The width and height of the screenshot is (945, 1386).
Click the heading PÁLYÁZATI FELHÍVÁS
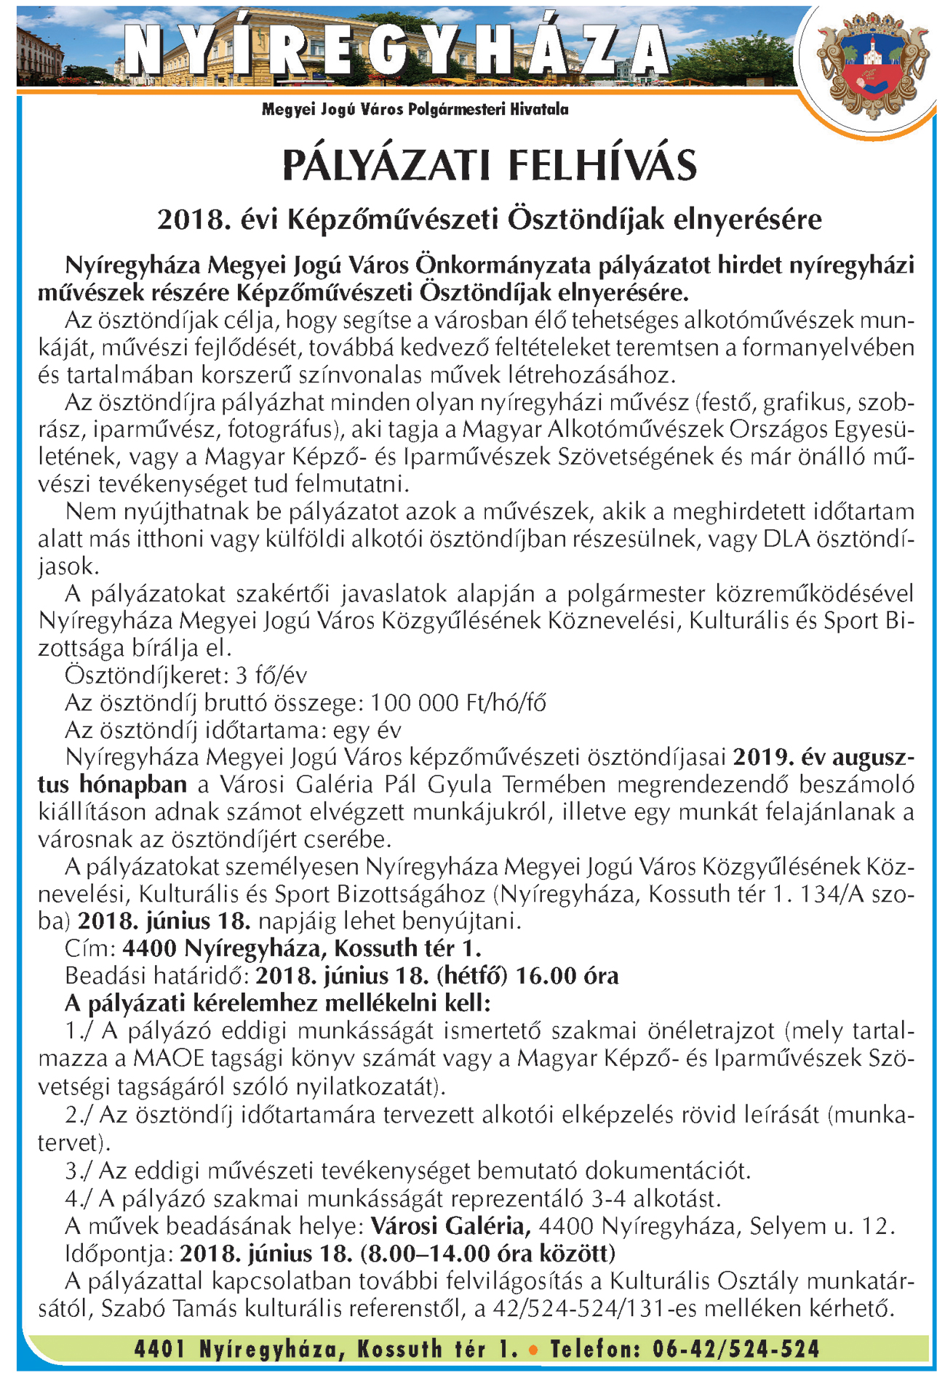pos(489,165)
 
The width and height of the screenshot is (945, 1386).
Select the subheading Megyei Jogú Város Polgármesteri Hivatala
pos(415,110)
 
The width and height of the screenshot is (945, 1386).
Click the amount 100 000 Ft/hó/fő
pos(458,703)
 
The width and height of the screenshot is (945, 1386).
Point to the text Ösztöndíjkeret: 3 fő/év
pos(186,676)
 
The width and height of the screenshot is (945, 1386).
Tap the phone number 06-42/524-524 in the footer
pos(735,1350)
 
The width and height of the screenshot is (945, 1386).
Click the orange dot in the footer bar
pos(533,1350)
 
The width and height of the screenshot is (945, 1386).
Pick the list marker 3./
pos(79,1171)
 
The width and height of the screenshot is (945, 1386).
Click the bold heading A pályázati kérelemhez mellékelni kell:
pos(278,1004)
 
